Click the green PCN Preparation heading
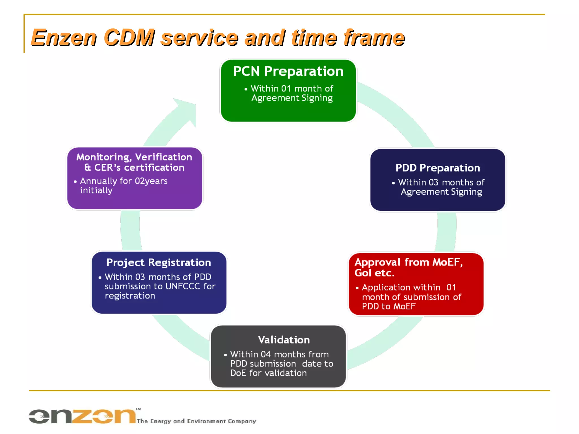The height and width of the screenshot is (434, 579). click(288, 71)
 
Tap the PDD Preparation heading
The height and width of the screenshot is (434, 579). click(437, 168)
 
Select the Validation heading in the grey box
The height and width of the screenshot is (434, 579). click(284, 340)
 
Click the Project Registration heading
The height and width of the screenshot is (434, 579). click(159, 262)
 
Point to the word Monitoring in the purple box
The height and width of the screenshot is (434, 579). click(103, 157)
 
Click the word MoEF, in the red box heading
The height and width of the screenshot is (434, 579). click(448, 262)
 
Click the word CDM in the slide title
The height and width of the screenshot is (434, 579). click(129, 38)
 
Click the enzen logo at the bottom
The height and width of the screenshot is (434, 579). click(82, 416)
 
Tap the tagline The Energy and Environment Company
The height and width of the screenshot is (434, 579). click(196, 421)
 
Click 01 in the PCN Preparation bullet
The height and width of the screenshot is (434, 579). click(286, 89)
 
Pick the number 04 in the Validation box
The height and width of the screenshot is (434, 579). click(265, 354)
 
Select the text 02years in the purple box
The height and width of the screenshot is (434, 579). click(151, 181)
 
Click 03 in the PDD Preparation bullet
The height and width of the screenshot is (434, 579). click(433, 183)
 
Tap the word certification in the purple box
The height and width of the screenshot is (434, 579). click(154, 168)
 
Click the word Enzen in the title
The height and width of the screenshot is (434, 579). click(64, 38)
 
